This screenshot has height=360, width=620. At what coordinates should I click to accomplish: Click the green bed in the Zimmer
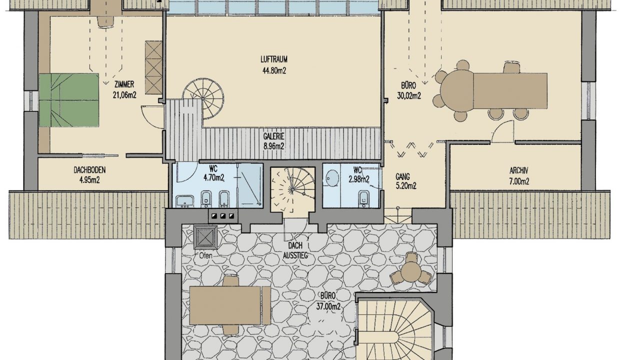(x=69, y=100)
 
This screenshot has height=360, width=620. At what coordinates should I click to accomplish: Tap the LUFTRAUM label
(x=273, y=59)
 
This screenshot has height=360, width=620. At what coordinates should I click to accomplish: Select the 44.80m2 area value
(x=274, y=71)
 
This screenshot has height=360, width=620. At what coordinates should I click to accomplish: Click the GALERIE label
(x=273, y=136)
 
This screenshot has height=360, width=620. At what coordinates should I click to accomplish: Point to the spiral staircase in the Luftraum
(x=203, y=98)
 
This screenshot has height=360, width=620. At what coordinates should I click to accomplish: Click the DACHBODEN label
(x=89, y=169)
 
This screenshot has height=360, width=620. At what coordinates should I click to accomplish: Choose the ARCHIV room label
(x=518, y=170)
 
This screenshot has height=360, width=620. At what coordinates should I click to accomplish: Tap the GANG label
(x=402, y=176)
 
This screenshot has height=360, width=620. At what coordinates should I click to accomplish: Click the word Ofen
(x=205, y=255)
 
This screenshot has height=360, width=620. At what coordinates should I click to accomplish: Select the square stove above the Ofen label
(x=205, y=237)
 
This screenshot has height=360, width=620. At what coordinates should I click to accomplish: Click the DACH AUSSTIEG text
(x=295, y=250)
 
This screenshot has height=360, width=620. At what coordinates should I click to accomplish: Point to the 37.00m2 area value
(x=328, y=306)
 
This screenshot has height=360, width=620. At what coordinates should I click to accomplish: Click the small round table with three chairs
(x=411, y=271)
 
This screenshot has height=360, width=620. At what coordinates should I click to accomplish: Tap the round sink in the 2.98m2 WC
(x=332, y=177)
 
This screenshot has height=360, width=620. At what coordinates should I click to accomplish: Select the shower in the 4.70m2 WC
(x=249, y=185)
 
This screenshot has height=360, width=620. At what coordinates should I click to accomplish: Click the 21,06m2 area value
(x=124, y=95)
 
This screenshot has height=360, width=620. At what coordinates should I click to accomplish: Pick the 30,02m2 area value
(x=409, y=95)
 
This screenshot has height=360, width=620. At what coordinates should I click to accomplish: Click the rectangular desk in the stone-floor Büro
(x=225, y=305)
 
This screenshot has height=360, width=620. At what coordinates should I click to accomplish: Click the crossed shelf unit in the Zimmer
(x=153, y=67)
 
